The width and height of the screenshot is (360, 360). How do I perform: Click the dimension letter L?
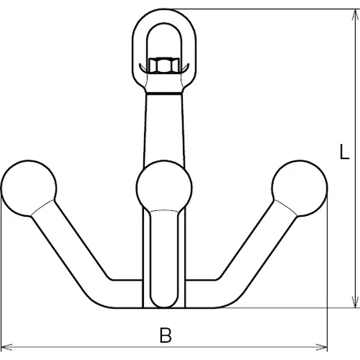(x=344, y=152)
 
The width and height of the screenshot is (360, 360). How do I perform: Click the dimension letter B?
(x=166, y=335)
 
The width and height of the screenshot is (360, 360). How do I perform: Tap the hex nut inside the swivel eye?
(x=164, y=65)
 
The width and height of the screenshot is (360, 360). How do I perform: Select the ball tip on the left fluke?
(x=28, y=188)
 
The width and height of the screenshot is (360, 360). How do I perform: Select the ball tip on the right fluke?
(x=299, y=188)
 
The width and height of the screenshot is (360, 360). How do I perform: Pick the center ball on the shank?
(x=164, y=188)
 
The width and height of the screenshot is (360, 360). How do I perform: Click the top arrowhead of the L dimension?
(x=355, y=16)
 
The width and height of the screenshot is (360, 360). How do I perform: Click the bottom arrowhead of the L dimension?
(x=355, y=301)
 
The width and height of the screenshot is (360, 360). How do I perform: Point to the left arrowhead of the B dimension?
(x=7, y=347)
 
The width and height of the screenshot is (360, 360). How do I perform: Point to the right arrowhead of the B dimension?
(x=322, y=347)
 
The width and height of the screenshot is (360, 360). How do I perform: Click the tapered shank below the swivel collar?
(x=164, y=128)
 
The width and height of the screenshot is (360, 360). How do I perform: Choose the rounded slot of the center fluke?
(x=164, y=258)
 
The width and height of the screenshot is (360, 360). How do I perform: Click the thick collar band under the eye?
(x=164, y=94)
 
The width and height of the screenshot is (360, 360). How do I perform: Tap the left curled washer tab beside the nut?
(x=143, y=68)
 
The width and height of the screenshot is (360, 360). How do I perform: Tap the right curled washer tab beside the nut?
(x=185, y=68)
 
